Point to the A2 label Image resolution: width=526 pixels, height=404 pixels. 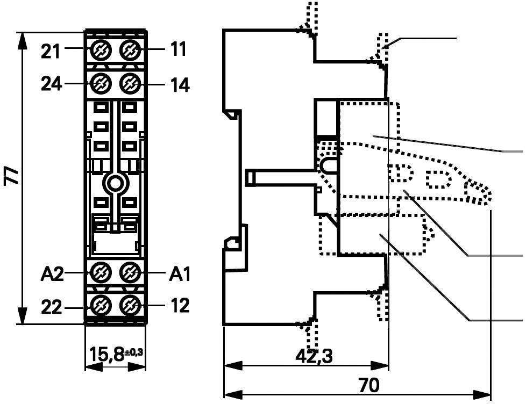tap(52, 274)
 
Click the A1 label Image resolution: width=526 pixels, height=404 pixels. tap(180, 274)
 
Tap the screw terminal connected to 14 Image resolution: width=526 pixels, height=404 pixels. tap(130, 84)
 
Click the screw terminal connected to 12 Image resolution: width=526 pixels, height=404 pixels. tap(130, 306)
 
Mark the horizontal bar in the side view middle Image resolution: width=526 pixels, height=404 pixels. tap(280, 177)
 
